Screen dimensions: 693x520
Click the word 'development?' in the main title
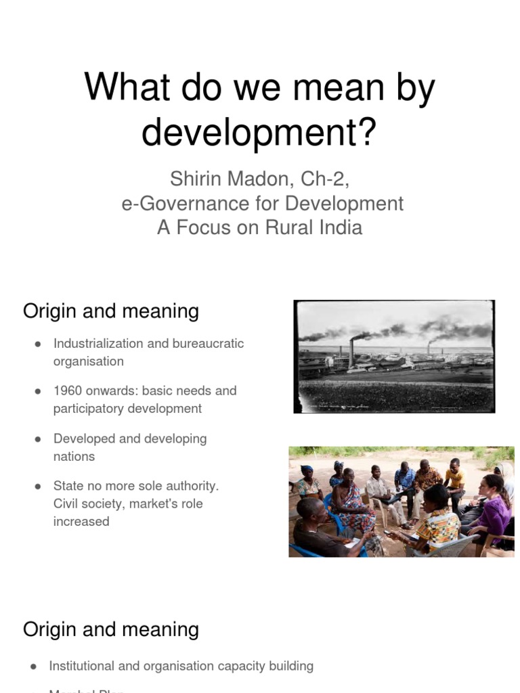tap(258, 132)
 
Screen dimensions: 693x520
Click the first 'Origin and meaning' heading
tap(111, 311)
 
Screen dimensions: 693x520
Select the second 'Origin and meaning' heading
tap(111, 629)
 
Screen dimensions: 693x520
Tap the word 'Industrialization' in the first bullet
tap(98, 343)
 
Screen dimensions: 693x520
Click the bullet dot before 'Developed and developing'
tap(39, 439)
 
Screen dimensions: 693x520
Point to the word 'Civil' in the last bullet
tap(68, 504)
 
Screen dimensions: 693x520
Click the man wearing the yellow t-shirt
tap(454, 480)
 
